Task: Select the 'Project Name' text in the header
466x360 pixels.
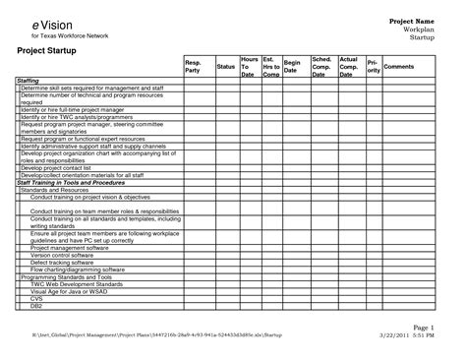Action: pos(412,21)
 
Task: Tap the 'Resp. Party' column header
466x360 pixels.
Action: pos(193,66)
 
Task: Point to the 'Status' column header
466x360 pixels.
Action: pos(225,66)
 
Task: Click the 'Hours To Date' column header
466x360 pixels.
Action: pos(250,67)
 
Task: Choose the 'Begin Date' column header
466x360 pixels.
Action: pos(292,66)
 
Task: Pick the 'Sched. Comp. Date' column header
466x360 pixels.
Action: pos(321,67)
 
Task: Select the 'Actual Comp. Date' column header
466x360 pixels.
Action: pos(348,67)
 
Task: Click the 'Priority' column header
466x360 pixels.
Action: pos(374,67)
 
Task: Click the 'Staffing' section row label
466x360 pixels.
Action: pos(29,81)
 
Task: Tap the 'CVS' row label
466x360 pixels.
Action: pos(37,298)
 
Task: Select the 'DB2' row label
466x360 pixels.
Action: pos(37,305)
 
